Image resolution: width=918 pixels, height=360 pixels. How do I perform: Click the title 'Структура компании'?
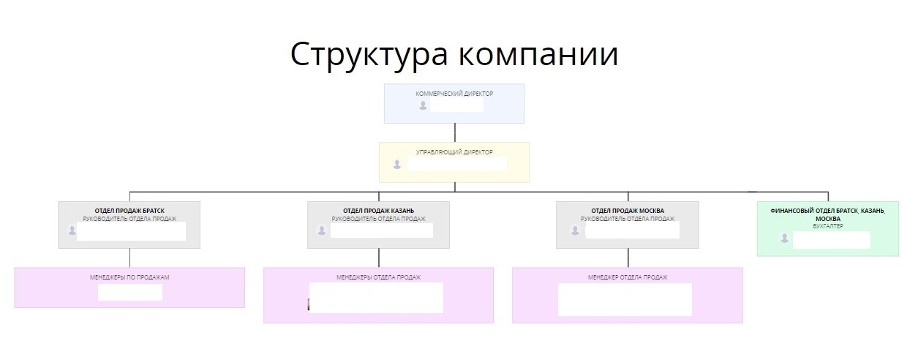click(x=454, y=55)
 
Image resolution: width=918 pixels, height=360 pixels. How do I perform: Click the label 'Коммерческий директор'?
click(x=454, y=94)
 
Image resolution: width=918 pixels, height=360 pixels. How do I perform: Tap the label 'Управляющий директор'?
click(x=454, y=152)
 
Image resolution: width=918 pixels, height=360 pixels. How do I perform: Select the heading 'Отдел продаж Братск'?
click(x=129, y=211)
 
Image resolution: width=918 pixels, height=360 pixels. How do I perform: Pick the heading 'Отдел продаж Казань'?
click(x=378, y=211)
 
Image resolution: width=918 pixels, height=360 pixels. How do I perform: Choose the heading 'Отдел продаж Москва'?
click(x=628, y=211)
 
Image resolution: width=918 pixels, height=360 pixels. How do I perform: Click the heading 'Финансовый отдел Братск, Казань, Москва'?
click(x=827, y=214)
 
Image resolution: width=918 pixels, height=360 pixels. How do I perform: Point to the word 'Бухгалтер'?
click(x=827, y=227)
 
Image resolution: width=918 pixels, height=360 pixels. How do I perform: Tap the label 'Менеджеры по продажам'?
click(x=129, y=277)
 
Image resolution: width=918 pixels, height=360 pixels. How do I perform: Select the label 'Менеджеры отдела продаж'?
click(x=378, y=277)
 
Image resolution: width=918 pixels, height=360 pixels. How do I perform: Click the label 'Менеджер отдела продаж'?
click(x=628, y=277)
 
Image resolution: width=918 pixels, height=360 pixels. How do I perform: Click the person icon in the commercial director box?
click(x=423, y=105)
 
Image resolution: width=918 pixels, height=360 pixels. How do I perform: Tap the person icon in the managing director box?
click(x=397, y=164)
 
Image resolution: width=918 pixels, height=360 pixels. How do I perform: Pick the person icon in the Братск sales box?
click(x=72, y=230)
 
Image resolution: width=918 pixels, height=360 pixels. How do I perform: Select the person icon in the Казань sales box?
click(x=321, y=230)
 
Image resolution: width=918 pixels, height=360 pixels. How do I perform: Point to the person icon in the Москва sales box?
click(x=571, y=230)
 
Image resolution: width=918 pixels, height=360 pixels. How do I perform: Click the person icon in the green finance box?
click(x=784, y=239)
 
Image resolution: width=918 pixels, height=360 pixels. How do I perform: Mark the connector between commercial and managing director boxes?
click(x=455, y=132)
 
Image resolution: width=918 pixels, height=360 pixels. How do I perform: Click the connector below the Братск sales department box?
click(x=129, y=258)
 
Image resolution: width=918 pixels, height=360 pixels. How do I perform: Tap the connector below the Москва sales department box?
click(x=628, y=258)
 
